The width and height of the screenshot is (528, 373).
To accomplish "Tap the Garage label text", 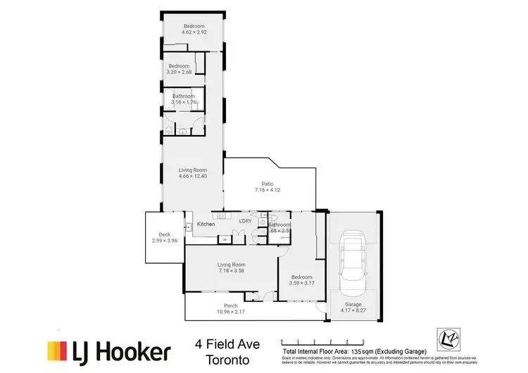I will pos(353,304).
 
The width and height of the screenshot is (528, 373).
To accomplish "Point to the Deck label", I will pos(165,234).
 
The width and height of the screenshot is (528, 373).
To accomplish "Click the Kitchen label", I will pos(206,224).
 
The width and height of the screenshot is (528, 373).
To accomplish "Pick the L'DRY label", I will pos(245,221).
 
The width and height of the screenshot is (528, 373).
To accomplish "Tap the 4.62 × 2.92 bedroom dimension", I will pos(194,32).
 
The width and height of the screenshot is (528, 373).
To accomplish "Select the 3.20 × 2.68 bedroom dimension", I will pos(180,72).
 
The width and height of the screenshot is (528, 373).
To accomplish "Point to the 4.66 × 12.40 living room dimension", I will pos(193,176).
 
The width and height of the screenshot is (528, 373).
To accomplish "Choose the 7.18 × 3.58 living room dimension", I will pos(230,271).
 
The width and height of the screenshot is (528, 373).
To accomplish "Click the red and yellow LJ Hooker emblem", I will pos(57,351).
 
